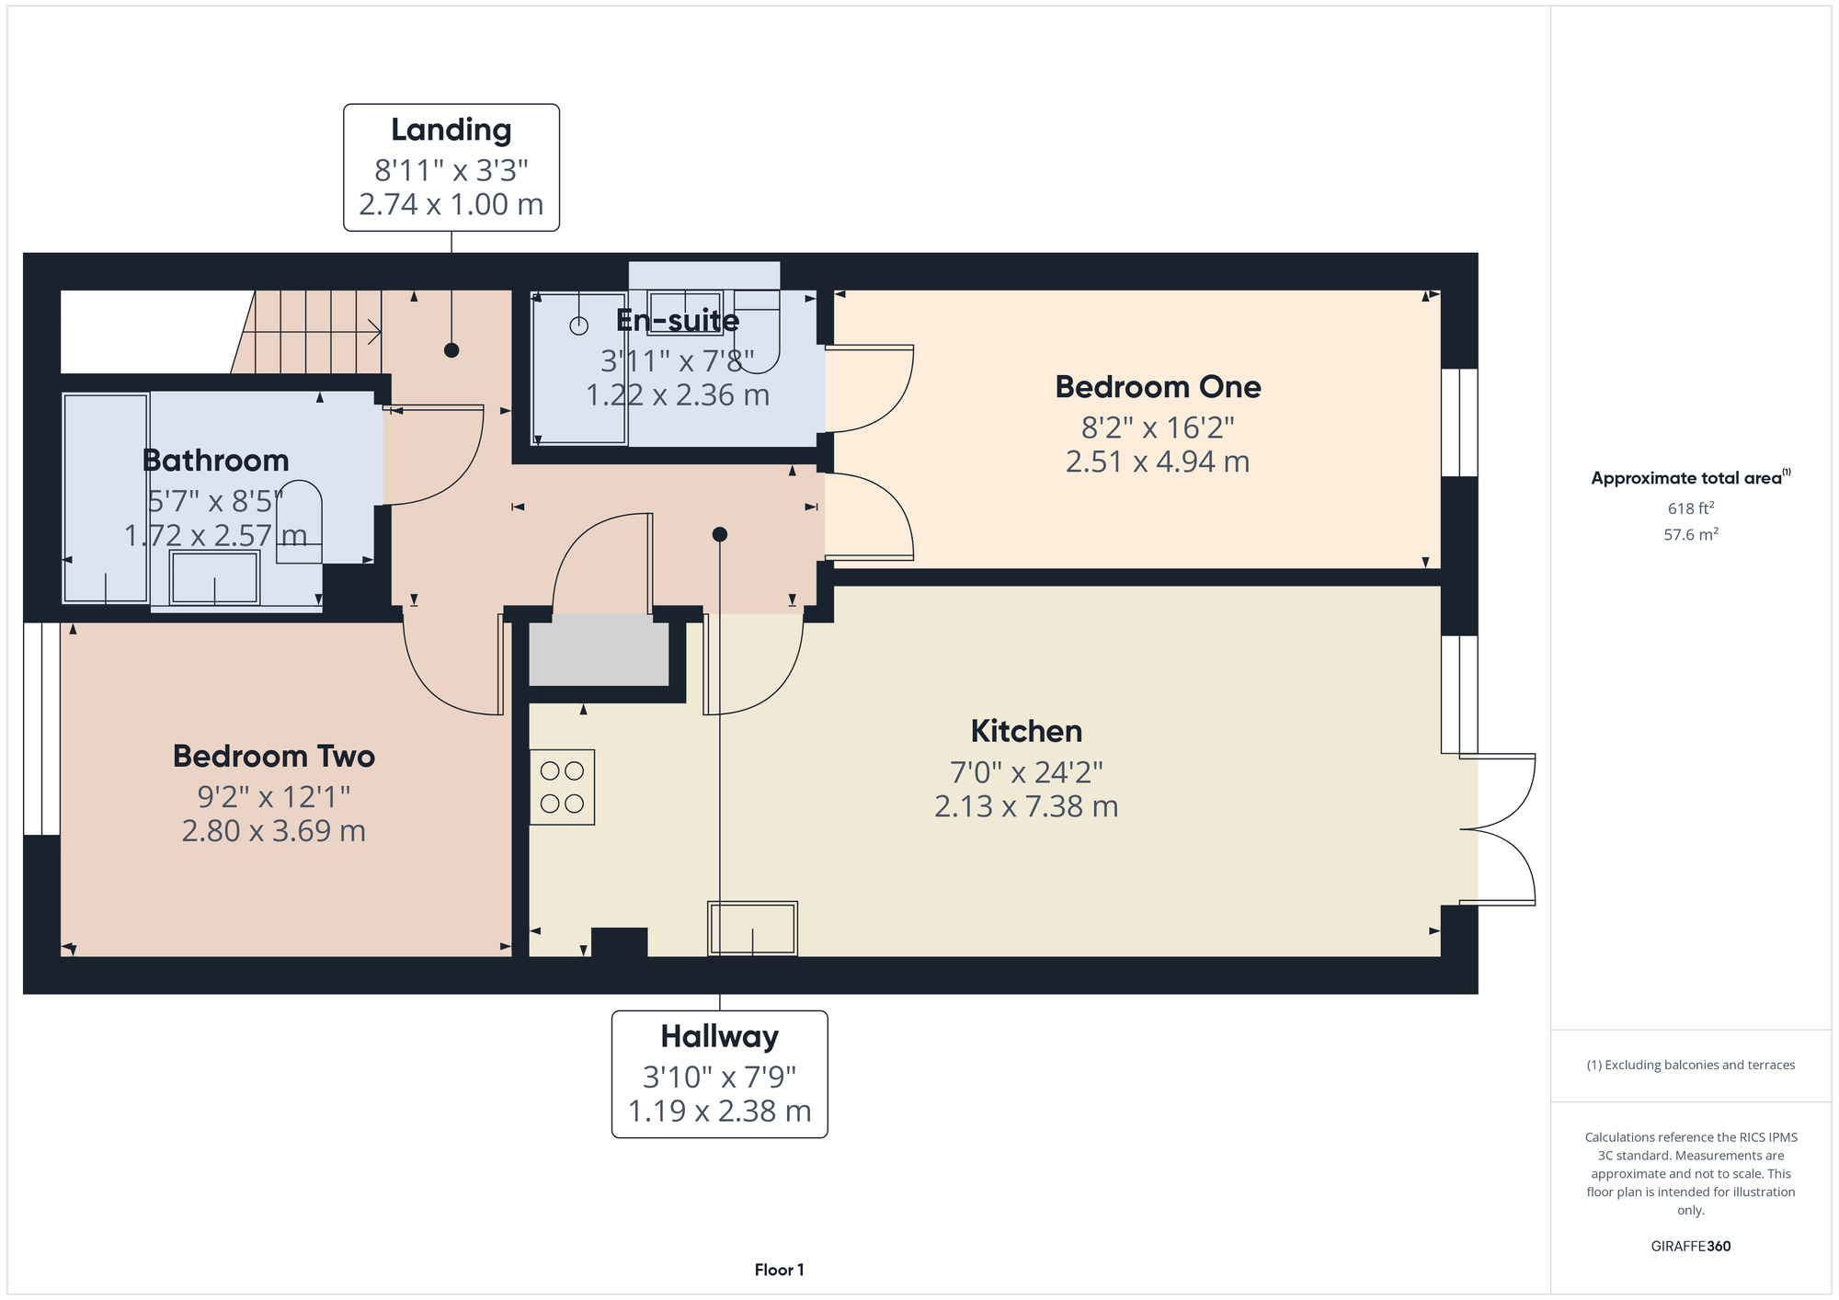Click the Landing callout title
point(451,131)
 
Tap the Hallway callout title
point(720,1037)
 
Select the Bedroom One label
point(1158,387)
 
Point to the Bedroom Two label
point(274,756)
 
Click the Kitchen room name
point(1026,731)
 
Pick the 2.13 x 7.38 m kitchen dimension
point(1026,806)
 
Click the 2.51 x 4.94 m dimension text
point(1158,462)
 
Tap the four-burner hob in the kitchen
point(562,787)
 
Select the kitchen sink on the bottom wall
point(752,929)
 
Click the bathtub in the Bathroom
point(106,498)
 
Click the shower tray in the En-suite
point(579,369)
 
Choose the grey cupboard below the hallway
point(599,653)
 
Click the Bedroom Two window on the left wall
point(41,729)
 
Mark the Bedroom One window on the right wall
point(1459,423)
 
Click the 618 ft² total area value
point(1691,508)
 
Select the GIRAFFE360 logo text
point(1691,1247)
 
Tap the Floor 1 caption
point(780,1270)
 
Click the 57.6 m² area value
point(1691,534)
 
